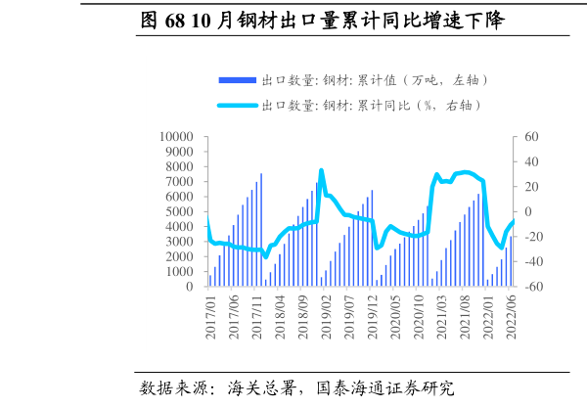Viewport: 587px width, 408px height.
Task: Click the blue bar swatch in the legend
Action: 237,79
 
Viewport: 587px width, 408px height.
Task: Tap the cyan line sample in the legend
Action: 237,105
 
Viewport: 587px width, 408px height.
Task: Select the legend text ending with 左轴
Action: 375,79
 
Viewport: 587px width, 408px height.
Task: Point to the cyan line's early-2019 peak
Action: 321,171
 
